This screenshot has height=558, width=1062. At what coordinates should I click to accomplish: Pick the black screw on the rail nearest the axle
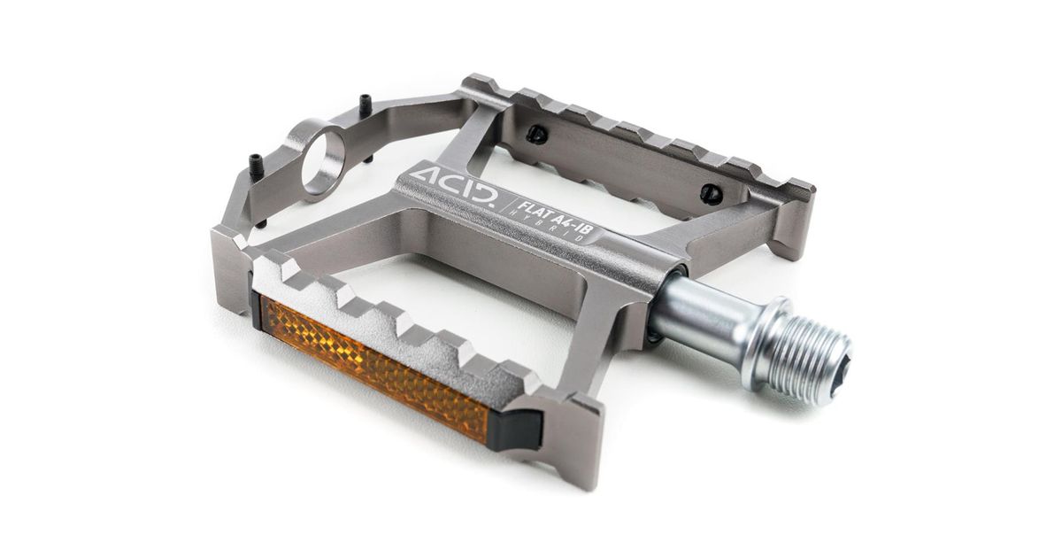708,192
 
